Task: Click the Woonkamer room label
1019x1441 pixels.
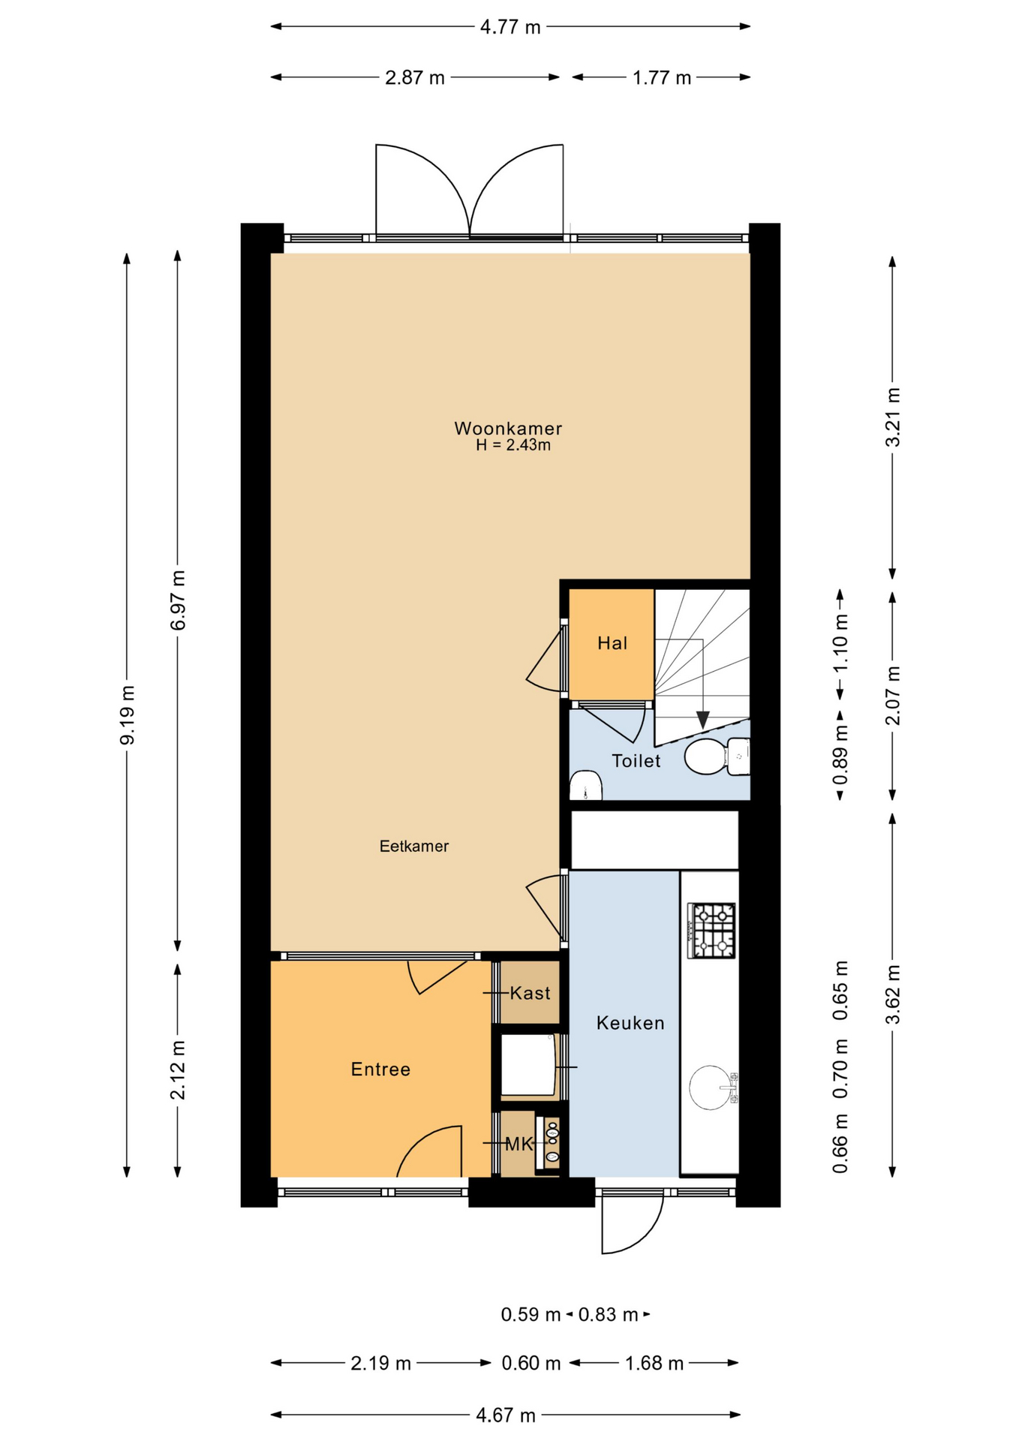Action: pos(508,429)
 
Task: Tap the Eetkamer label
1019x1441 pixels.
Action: pos(414,846)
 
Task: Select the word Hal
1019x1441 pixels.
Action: pos(612,642)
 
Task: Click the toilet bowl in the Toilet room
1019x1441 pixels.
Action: pos(705,757)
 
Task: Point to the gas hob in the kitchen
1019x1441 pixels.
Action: pos(712,931)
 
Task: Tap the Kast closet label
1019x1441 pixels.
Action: pos(530,993)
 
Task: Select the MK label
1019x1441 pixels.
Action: pos(519,1144)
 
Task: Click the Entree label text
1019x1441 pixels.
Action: pos(380,1069)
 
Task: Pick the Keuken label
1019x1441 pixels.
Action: pos(630,1022)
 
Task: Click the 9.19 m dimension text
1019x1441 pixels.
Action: pos(128,714)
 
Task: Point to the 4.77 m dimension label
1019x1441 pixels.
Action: pos(510,27)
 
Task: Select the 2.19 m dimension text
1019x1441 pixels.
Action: pos(380,1362)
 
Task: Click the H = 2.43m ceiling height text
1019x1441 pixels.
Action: pos(513,445)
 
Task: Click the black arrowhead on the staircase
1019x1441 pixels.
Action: pos(702,720)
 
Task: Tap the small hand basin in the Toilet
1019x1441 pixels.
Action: pos(585,786)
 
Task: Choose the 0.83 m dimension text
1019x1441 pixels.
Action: pos(608,1314)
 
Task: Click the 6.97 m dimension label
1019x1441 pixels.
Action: pos(178,600)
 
